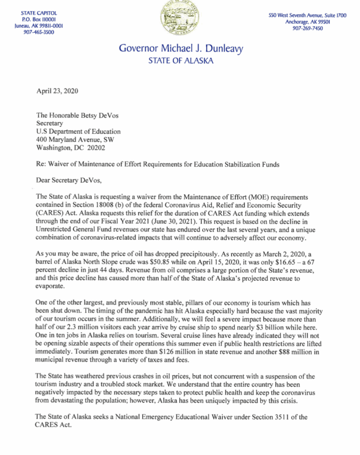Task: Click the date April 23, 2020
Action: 57,91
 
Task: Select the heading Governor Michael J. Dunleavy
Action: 181,48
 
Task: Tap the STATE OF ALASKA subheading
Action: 181,61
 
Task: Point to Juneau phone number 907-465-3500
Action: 39,32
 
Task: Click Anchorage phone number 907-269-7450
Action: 308,28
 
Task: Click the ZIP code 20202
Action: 96,148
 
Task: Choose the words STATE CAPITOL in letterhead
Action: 39,13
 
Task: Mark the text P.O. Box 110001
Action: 39,19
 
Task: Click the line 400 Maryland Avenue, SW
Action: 75,140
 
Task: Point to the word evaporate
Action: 50,286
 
